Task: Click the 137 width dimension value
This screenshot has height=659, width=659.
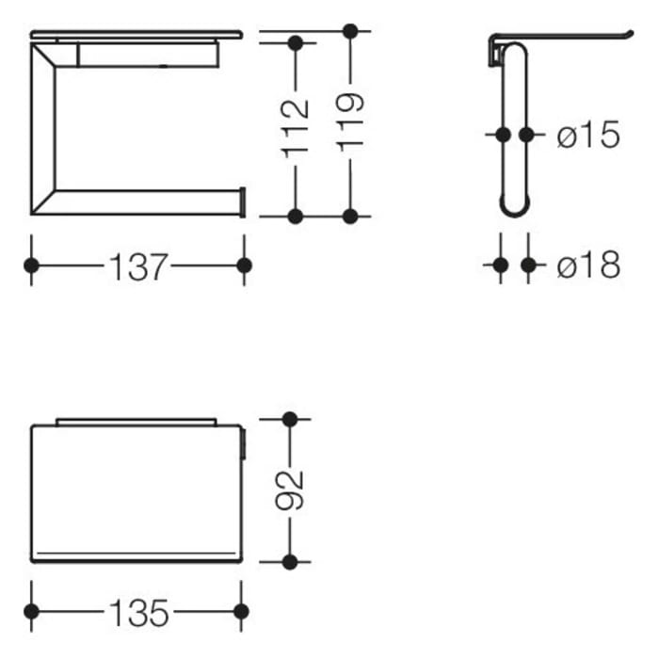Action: pyautogui.click(x=137, y=266)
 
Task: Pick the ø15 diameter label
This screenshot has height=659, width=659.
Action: pyautogui.click(x=588, y=136)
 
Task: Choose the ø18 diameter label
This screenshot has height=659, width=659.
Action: pyautogui.click(x=588, y=266)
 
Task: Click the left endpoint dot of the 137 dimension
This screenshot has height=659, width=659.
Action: pyautogui.click(x=31, y=265)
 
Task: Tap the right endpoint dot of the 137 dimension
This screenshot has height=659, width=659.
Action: pyautogui.click(x=244, y=265)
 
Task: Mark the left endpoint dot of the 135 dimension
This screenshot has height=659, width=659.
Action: pyautogui.click(x=31, y=612)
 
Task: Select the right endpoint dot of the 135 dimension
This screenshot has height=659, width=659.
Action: pyautogui.click(x=241, y=612)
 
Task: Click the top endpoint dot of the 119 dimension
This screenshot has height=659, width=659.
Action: pyautogui.click(x=350, y=31)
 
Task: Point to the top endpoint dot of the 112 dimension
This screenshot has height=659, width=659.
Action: pyautogui.click(x=296, y=43)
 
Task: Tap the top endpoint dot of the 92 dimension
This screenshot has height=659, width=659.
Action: pyautogui.click(x=290, y=419)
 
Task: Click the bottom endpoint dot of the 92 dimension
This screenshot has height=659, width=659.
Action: pyautogui.click(x=290, y=562)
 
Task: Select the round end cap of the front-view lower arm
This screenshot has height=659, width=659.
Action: pyautogui.click(x=242, y=202)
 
